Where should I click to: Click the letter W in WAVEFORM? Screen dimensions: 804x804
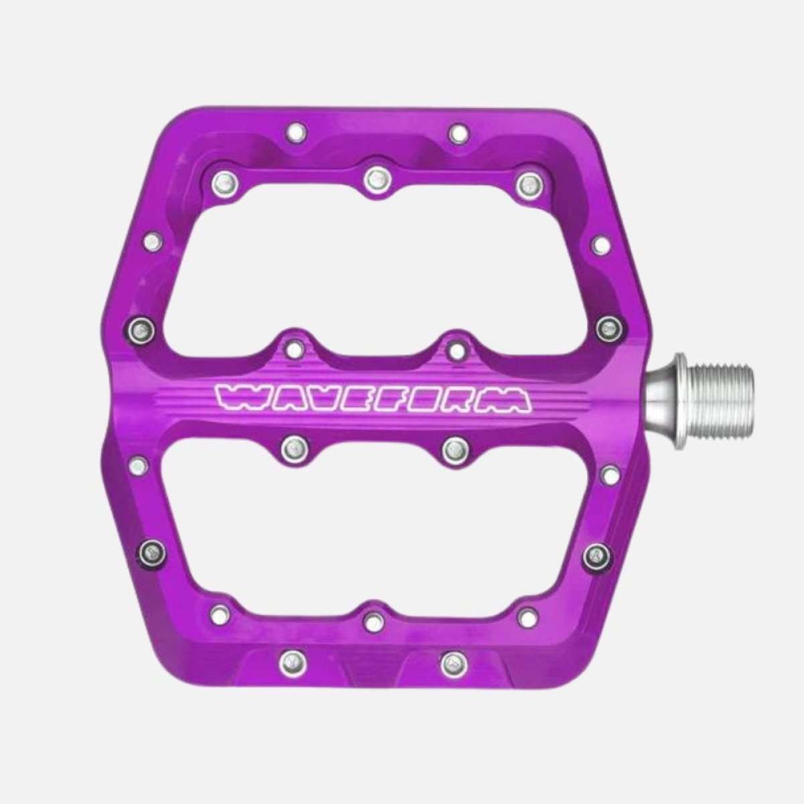coord(235,399)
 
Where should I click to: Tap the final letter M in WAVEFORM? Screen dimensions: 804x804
coord(511,399)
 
